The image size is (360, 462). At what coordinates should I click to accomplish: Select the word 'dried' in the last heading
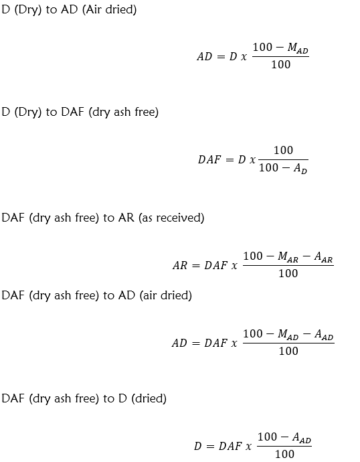[x=149, y=398]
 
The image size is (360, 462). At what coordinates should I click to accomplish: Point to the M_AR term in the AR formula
[x=288, y=256]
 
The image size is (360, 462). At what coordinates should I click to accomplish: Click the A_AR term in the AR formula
[x=323, y=256]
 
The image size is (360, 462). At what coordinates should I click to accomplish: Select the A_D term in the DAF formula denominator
[x=300, y=168]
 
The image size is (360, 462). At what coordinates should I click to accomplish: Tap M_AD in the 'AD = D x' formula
[x=298, y=48]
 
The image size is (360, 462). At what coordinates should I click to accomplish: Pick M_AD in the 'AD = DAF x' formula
[x=288, y=334]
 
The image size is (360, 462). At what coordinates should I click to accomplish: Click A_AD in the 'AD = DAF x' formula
[x=324, y=334]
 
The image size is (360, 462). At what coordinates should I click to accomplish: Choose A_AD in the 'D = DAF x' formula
[x=302, y=437]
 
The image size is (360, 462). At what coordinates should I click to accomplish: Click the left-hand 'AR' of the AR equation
[x=180, y=265]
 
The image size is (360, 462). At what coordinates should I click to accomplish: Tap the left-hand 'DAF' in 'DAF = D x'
[x=209, y=159]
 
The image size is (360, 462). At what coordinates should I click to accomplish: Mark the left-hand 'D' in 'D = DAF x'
[x=198, y=446]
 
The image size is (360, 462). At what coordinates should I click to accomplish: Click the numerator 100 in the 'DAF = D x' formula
[x=283, y=150]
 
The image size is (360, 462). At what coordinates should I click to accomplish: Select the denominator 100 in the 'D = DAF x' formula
[x=284, y=454]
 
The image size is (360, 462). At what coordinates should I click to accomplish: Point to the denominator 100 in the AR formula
[x=288, y=273]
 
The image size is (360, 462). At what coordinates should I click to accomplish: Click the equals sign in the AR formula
[x=196, y=266]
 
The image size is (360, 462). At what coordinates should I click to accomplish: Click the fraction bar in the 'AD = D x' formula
[x=281, y=56]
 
